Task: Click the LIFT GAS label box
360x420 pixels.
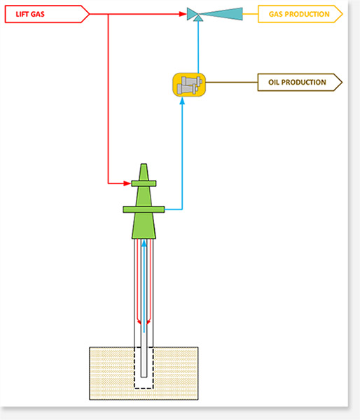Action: [x=47, y=14]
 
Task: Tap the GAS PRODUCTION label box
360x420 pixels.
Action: [x=300, y=14]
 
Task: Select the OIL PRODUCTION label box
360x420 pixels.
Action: [x=300, y=82]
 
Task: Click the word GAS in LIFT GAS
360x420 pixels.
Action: [x=38, y=14]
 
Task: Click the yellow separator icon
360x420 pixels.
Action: [x=189, y=85]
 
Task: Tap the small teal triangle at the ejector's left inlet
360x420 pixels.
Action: [x=192, y=14]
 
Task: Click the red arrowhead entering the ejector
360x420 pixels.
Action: [x=183, y=14]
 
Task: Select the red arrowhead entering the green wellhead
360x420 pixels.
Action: [x=127, y=183]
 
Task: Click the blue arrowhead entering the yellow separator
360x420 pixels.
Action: [x=182, y=100]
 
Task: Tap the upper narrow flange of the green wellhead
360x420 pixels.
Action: [x=144, y=183]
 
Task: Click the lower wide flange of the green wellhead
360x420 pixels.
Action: [x=144, y=209]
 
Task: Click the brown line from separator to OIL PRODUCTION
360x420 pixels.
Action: [x=232, y=82]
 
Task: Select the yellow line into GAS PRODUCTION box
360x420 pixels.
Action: [x=250, y=14]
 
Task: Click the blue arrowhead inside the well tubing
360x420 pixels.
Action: [x=144, y=243]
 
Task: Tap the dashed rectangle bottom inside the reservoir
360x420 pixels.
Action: [x=144, y=388]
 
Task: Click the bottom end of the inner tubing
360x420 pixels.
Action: [x=144, y=377]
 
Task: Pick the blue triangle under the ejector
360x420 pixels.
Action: [x=198, y=18]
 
